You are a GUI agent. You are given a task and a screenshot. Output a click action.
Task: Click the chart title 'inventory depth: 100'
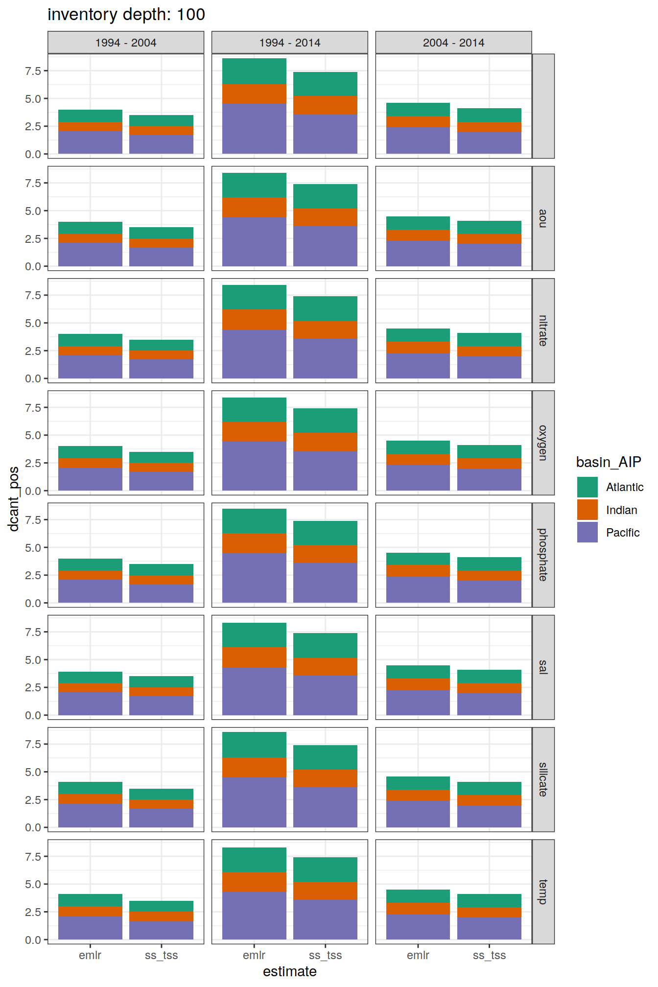tap(126, 15)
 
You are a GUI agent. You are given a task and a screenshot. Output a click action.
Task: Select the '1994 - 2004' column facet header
tap(126, 43)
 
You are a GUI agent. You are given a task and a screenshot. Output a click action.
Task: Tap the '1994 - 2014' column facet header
tap(290, 43)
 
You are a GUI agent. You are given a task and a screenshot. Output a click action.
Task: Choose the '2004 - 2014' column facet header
tap(453, 43)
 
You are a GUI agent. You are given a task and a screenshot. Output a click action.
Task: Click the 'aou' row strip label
tap(543, 218)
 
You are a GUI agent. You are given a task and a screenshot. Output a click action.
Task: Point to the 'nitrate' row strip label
tap(543, 330)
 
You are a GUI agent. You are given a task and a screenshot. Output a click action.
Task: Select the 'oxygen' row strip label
tap(543, 443)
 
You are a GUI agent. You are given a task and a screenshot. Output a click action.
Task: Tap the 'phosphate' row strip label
tap(543, 555)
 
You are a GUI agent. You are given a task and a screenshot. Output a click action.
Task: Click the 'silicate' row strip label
tap(543, 779)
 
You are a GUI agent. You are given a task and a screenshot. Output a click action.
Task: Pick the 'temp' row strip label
tap(543, 892)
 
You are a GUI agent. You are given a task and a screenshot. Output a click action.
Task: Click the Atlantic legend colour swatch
tap(587, 487)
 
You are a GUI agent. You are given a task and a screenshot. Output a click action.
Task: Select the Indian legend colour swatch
tap(587, 510)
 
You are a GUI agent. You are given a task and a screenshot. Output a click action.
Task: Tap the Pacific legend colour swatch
tap(587, 532)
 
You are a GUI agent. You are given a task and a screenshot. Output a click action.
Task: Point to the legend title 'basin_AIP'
tap(609, 462)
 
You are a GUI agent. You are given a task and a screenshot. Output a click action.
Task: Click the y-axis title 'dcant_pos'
tap(14, 499)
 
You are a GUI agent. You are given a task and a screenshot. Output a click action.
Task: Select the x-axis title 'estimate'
tap(290, 971)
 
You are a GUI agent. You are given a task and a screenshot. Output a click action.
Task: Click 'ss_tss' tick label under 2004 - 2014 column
tap(489, 955)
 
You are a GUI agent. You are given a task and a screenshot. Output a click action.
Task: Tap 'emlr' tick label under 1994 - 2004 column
tap(90, 955)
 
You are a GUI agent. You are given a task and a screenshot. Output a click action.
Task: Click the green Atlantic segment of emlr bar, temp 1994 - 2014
tap(254, 860)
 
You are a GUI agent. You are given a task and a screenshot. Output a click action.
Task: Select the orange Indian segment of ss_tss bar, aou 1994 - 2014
tap(325, 217)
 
